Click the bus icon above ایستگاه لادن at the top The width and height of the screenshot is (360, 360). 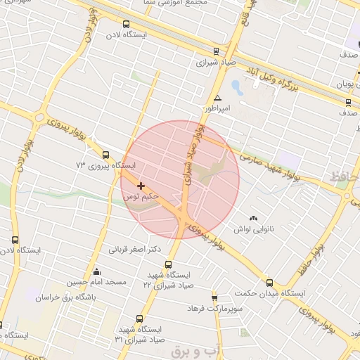coord(125,24)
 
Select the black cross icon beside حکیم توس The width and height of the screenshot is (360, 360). coord(141,186)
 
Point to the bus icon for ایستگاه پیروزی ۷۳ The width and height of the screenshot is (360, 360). coord(105,155)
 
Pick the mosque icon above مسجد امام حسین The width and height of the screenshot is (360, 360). coord(97,271)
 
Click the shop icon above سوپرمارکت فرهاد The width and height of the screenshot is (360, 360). coord(214,297)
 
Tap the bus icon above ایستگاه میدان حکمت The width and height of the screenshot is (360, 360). coord(269,283)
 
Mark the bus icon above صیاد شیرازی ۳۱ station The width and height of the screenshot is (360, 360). coord(139,319)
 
